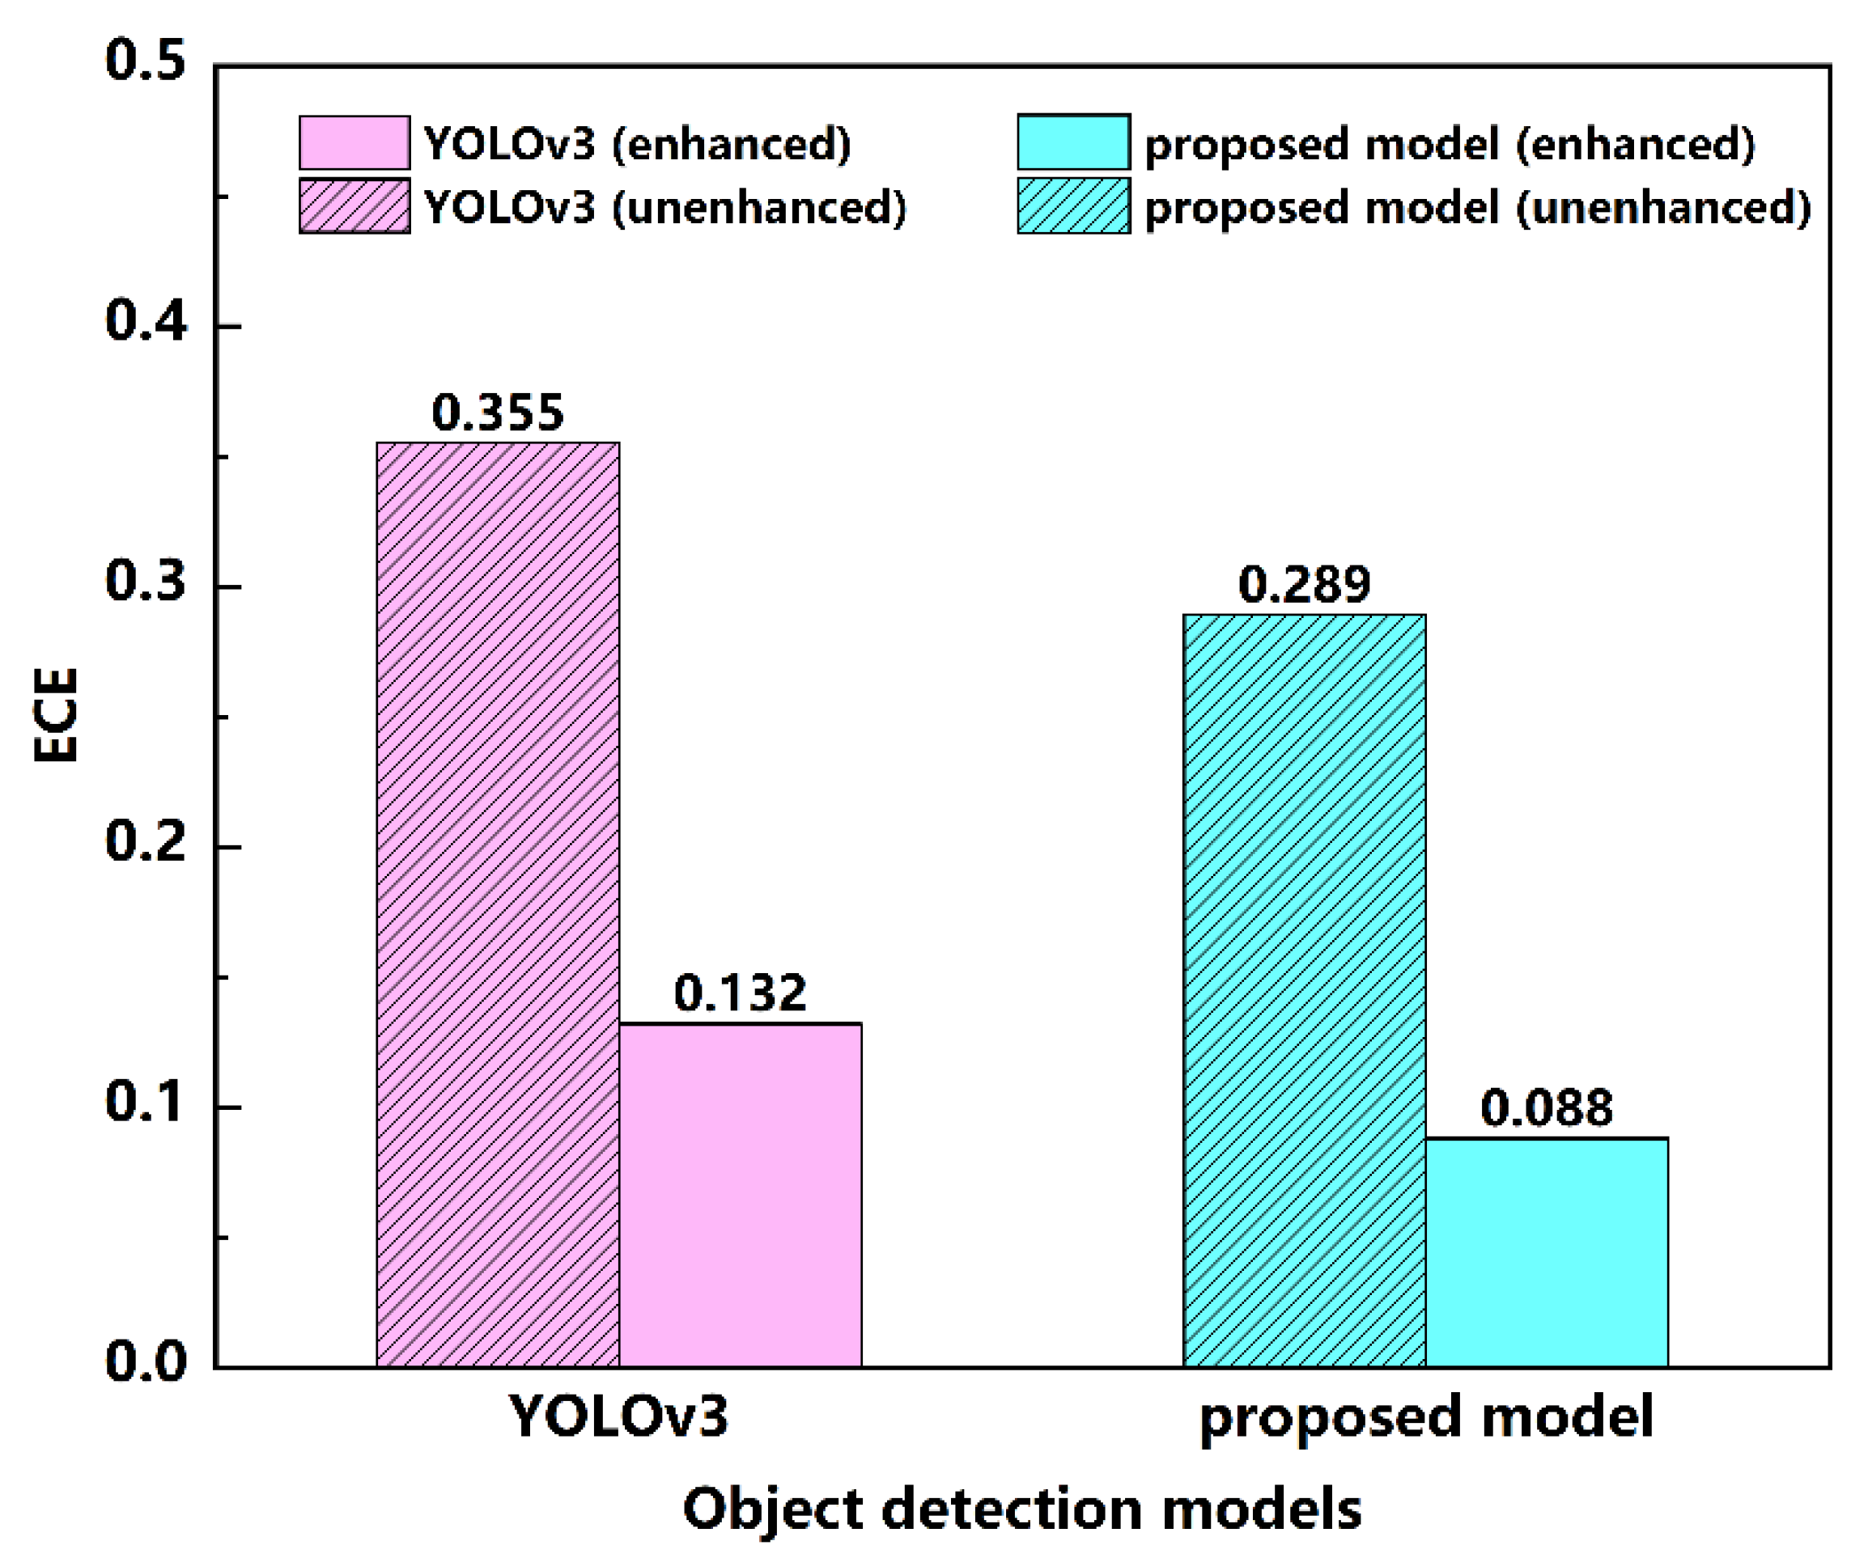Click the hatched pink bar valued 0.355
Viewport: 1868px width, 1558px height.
(x=497, y=903)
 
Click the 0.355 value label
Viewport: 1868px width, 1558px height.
(x=497, y=413)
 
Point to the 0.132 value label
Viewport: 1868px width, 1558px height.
(x=740, y=993)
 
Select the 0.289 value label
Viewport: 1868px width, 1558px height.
(x=1304, y=584)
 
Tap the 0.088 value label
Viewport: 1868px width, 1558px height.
(x=1546, y=1108)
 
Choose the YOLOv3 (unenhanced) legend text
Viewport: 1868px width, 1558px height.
(x=664, y=207)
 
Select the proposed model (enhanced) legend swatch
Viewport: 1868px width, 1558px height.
(x=1074, y=142)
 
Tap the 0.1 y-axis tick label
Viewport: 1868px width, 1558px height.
(x=146, y=1102)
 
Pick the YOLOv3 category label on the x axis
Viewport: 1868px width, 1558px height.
(x=618, y=1416)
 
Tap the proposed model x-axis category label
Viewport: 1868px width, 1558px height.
(x=1426, y=1416)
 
